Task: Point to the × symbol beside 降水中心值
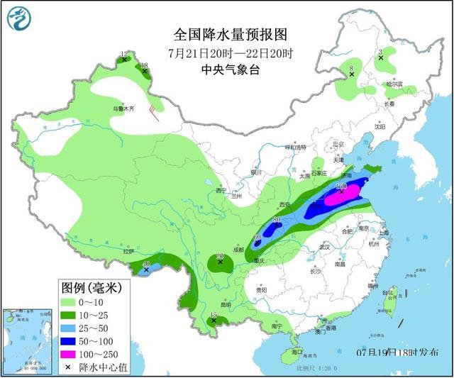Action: pyautogui.click(x=71, y=367)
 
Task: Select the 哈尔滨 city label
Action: pyautogui.click(x=394, y=84)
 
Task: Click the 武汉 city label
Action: pyautogui.click(x=325, y=248)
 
